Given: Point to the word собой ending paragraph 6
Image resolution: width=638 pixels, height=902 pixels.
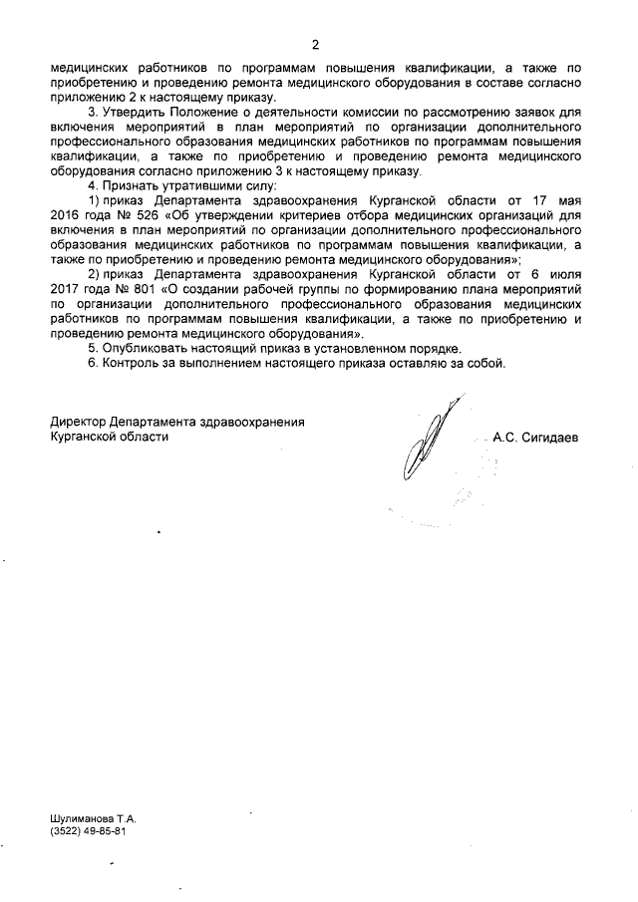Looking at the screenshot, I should [488, 363].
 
